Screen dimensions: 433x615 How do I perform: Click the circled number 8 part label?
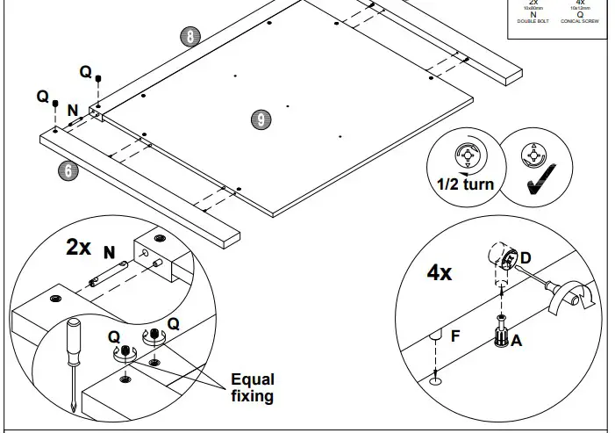(x=190, y=36)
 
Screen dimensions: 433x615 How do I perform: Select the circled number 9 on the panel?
(x=260, y=120)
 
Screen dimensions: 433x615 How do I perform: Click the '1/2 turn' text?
(x=465, y=184)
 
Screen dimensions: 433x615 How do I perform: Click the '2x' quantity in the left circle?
(x=79, y=247)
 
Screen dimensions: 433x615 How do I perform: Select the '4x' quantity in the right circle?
(x=440, y=273)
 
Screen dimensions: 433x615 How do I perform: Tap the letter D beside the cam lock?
(x=526, y=257)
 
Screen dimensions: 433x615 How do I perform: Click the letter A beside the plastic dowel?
(x=517, y=341)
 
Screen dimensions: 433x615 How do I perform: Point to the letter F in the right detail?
(x=454, y=335)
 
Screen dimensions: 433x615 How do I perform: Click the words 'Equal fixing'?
(x=252, y=387)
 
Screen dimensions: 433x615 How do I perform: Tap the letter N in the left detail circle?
(x=110, y=253)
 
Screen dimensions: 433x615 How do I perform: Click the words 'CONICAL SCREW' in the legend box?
(x=581, y=19)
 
